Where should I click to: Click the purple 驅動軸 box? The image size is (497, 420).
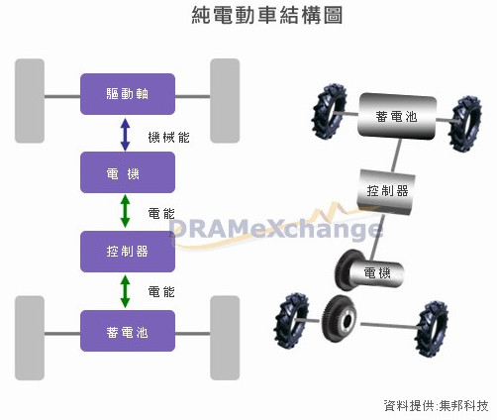point(128,94)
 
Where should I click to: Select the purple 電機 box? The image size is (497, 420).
point(128,172)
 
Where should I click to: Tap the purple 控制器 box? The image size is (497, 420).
point(128,252)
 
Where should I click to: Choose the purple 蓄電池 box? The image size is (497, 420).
point(128,331)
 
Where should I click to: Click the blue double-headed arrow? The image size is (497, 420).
point(125,135)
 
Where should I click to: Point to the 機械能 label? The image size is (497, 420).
point(168,137)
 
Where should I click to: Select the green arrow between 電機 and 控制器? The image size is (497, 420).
point(125,211)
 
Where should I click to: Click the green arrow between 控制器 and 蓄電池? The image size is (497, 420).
point(125,291)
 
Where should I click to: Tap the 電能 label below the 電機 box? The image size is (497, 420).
point(161,214)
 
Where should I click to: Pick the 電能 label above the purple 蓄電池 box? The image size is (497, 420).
point(161,292)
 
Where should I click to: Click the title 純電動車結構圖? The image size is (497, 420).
point(267,15)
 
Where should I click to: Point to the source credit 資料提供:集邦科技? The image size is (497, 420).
point(436,406)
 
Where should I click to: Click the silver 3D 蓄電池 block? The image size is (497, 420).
point(397,116)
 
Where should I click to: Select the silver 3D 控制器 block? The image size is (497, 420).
point(386,191)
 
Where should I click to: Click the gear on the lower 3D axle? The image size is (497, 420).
point(340,318)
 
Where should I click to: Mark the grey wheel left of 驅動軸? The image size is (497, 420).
point(30,101)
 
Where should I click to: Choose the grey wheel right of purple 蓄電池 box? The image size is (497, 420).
point(225,338)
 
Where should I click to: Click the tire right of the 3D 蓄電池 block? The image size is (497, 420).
point(465,124)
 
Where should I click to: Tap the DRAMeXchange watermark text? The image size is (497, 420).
point(276,229)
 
